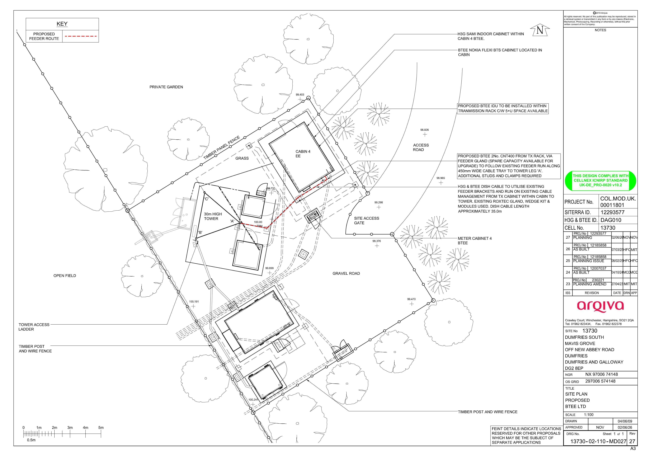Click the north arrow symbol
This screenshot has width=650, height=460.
click(540, 30)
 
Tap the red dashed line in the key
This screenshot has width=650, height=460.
click(81, 36)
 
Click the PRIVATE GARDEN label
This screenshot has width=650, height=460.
click(166, 87)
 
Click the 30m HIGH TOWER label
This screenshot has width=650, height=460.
click(213, 216)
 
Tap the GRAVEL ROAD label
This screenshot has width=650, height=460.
click(346, 273)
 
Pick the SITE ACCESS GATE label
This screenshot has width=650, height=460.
click(366, 221)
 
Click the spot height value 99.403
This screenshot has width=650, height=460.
click(300, 95)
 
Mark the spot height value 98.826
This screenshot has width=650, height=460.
click(424, 130)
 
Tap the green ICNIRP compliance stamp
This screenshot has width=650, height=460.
click(600, 180)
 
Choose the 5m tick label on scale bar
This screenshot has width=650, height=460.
click(101, 427)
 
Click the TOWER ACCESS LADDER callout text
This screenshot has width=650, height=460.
click(34, 327)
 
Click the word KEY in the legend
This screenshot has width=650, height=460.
click(62, 24)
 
